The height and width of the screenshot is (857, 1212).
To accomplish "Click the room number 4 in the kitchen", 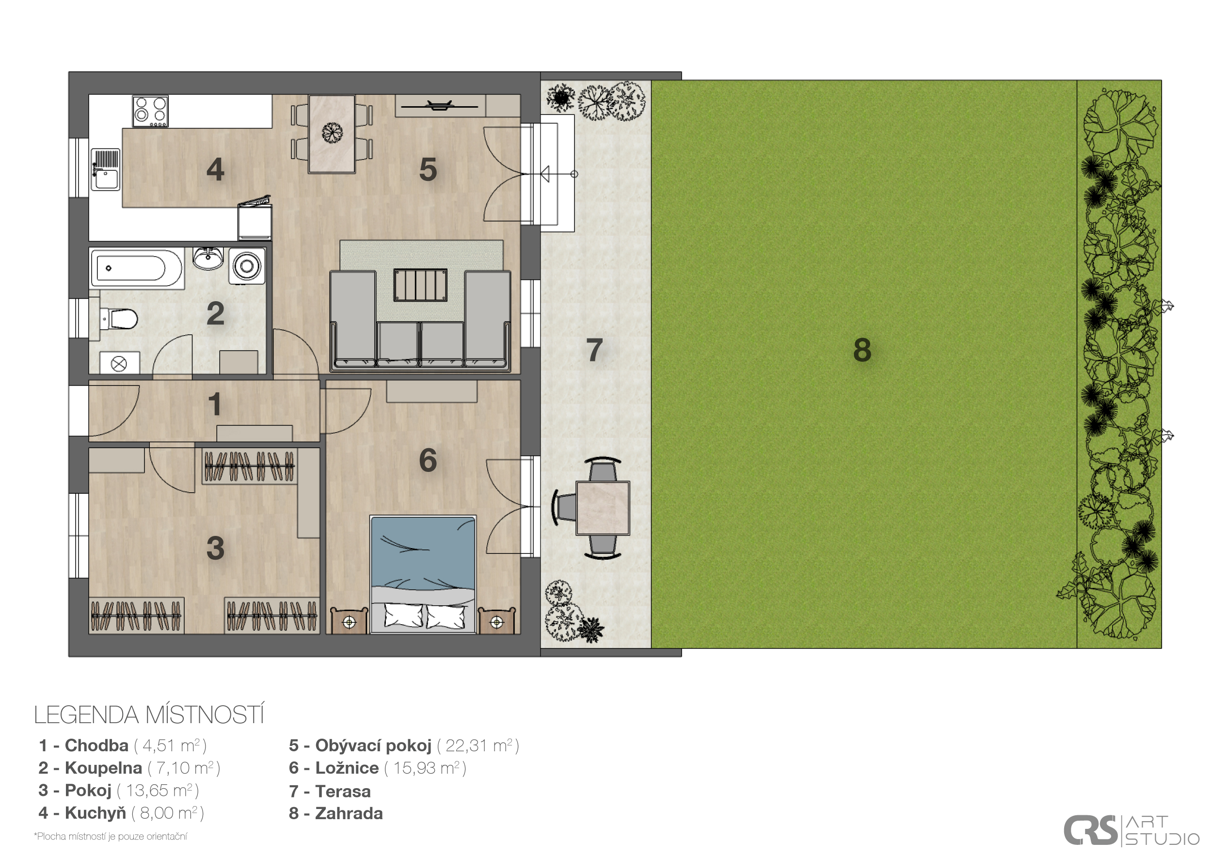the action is click(215, 169).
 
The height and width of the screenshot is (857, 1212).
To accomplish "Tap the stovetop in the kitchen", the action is click(150, 111).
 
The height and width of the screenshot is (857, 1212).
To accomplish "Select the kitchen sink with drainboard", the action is click(106, 169).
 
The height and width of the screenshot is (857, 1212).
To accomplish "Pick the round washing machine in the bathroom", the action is click(246, 266).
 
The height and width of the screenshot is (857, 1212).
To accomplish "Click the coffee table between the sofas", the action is click(420, 285).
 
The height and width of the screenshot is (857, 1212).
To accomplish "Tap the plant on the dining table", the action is click(332, 132).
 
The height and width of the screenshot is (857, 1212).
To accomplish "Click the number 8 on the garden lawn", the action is click(862, 350).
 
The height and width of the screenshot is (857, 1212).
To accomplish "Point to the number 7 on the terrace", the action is click(594, 350).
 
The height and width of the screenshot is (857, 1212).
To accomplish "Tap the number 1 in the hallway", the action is click(214, 404).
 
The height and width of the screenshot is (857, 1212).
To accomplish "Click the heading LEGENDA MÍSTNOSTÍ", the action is click(149, 715).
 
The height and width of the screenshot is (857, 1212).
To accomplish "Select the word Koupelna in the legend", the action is click(103, 768).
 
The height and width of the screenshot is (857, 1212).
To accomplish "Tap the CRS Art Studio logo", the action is click(1131, 831).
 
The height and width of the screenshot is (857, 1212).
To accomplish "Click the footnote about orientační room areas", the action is click(111, 837).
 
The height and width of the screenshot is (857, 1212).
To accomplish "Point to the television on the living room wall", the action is click(439, 106).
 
